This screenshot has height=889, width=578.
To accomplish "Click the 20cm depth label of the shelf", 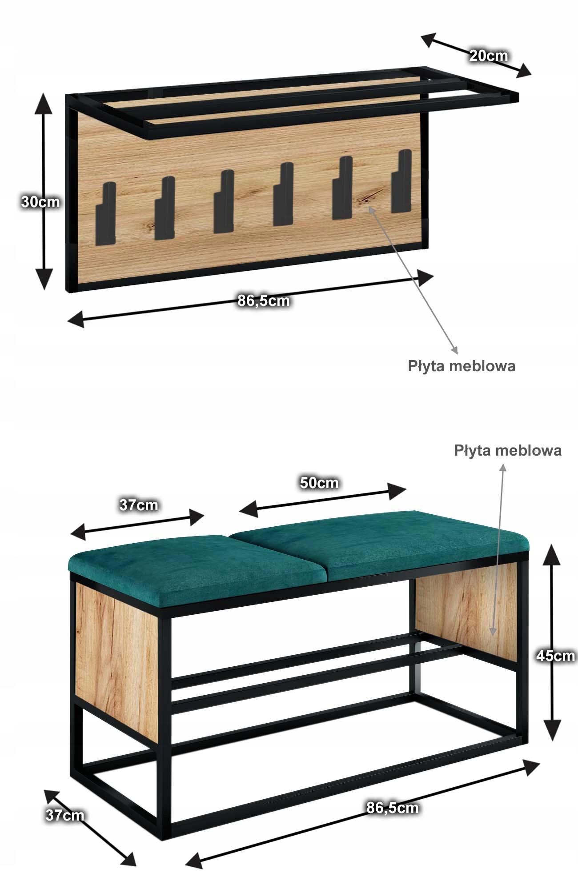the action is point(488,56).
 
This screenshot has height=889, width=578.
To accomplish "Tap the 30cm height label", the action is point(40,202).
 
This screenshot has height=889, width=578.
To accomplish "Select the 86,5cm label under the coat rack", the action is point(263,301).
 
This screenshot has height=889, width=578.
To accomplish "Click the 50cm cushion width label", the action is point(319,483).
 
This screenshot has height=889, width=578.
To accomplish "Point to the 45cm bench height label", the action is point(555,656).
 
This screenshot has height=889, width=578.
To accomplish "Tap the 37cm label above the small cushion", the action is point(138,505).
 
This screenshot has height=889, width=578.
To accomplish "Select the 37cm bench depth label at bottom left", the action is point(64,815).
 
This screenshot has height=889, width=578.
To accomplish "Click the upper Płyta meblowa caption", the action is point(462,366).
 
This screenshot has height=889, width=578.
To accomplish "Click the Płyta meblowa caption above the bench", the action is point(507,451).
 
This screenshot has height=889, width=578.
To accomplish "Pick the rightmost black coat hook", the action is point(401,181).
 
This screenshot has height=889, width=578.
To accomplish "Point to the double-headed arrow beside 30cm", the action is point(43,191).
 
